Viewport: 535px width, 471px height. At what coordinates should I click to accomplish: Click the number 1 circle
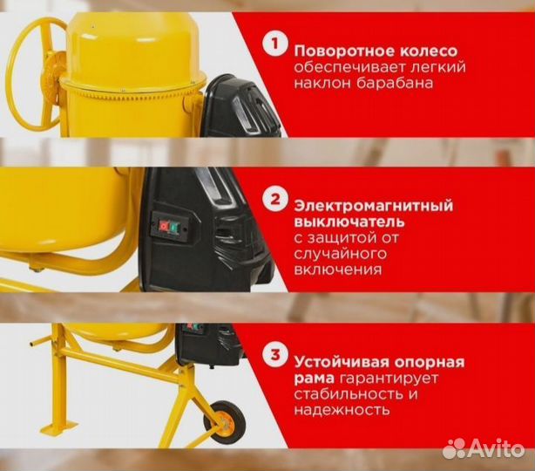[275, 43]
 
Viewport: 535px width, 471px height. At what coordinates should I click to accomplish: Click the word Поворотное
[335, 49]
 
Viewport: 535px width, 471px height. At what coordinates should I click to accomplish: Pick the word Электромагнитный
[361, 207]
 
